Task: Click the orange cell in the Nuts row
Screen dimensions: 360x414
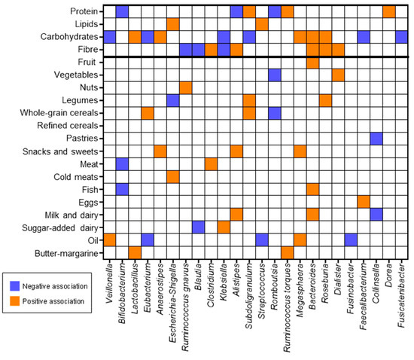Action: click(185, 88)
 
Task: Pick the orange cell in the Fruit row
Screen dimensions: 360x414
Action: click(312, 63)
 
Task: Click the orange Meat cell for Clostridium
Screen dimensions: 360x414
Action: click(211, 163)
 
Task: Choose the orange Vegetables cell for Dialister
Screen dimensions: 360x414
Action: click(338, 75)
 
